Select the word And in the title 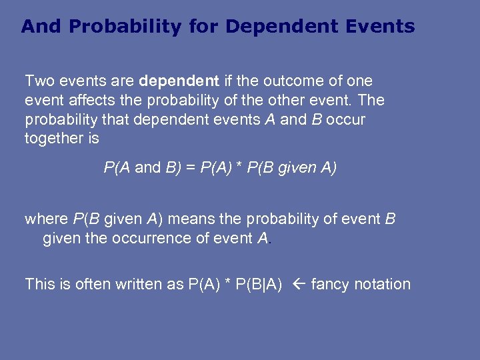pos(41,27)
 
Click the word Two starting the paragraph pos(39,81)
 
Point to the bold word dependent pos(179,81)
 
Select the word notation pos(383,284)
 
